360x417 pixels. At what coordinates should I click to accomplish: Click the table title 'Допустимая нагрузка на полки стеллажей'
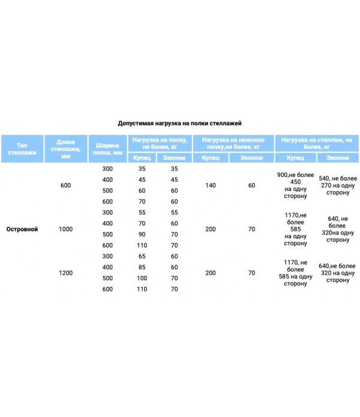click(x=179, y=123)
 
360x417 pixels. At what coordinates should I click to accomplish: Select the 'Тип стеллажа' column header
click(x=22, y=149)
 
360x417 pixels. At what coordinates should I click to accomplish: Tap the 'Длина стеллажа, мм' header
click(x=65, y=149)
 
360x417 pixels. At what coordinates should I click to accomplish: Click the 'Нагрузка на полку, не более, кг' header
click(x=160, y=143)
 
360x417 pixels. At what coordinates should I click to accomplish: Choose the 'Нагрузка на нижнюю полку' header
click(x=233, y=143)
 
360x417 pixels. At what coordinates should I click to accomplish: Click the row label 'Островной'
click(x=22, y=229)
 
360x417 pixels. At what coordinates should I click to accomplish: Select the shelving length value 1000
click(x=65, y=229)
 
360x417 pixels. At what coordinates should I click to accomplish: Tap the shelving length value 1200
click(x=65, y=273)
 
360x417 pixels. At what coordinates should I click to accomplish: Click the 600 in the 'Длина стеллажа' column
click(x=65, y=185)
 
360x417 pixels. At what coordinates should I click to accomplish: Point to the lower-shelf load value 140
click(x=211, y=185)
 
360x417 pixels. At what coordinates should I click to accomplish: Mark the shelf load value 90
click(x=142, y=234)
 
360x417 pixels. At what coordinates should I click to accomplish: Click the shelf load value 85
click(x=142, y=267)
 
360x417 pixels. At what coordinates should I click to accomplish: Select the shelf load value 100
click(x=142, y=278)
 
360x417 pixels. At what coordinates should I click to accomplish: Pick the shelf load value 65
click(x=142, y=256)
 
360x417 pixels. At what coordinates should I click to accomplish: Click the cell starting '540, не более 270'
click(x=338, y=185)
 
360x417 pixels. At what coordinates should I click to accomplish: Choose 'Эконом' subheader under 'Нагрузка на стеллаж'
click(x=338, y=158)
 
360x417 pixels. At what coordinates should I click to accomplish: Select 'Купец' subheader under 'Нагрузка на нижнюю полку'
click(x=211, y=158)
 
